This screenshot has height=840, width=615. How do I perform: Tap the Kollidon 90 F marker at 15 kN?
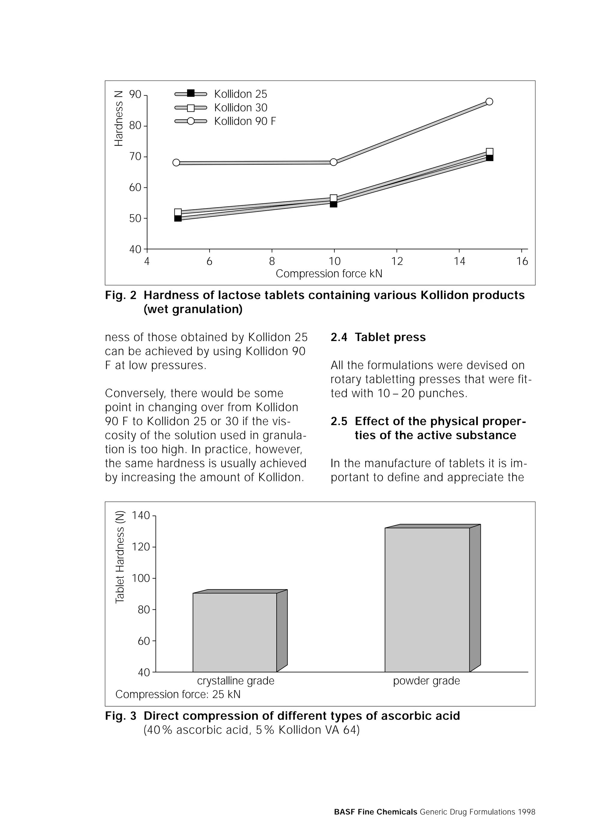(489, 102)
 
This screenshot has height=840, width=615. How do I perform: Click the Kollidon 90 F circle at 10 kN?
(334, 162)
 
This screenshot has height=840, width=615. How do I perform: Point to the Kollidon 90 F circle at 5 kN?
(177, 162)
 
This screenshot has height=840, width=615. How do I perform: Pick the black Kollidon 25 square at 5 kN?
(178, 218)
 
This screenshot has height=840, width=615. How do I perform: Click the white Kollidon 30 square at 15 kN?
(489, 152)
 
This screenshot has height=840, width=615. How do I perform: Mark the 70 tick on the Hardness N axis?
(135, 157)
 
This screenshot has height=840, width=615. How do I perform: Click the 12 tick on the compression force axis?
(397, 261)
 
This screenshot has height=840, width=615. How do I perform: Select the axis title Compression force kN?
(329, 274)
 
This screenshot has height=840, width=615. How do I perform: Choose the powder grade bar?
(427, 599)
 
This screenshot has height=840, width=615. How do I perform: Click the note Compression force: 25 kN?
(178, 694)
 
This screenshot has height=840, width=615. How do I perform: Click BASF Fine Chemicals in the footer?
(375, 812)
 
